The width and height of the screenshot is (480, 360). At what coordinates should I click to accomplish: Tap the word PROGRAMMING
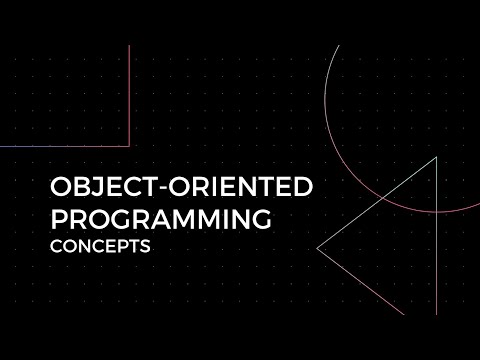pyautogui.click(x=161, y=218)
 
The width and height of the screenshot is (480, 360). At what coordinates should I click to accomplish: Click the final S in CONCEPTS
pyautogui.click(x=145, y=246)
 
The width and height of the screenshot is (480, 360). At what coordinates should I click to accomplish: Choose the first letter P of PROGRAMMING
pyautogui.click(x=58, y=218)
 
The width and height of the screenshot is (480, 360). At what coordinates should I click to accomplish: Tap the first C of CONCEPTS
pyautogui.click(x=56, y=246)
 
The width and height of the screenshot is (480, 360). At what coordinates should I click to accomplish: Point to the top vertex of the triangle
pyautogui.click(x=436, y=157)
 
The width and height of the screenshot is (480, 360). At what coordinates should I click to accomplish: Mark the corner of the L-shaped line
pyautogui.click(x=131, y=147)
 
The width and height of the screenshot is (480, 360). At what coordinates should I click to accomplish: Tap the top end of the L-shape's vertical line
pyautogui.click(x=131, y=44)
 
